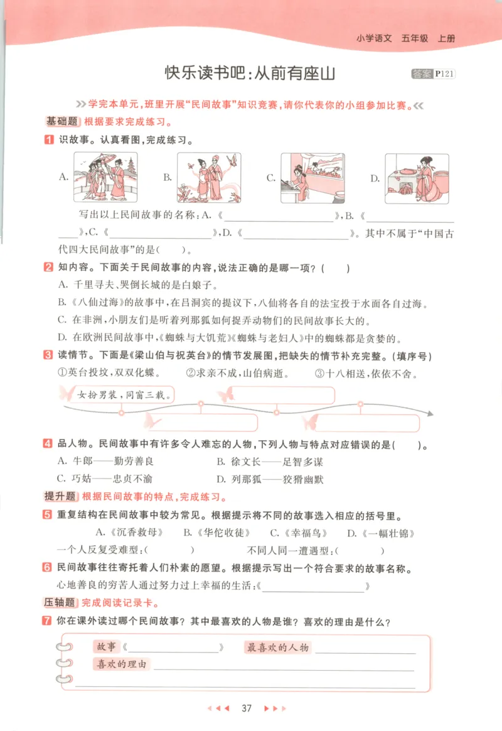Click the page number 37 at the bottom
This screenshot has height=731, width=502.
point(246,708)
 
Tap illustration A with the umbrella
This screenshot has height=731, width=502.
point(106,178)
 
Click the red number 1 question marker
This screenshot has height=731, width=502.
point(48,140)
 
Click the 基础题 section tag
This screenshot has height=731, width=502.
point(61,122)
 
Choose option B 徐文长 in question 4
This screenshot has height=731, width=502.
point(270,462)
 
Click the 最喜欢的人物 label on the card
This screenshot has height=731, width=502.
point(277,647)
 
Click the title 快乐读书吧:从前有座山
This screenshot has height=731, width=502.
point(251,73)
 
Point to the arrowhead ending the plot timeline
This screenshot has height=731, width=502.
point(431,413)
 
